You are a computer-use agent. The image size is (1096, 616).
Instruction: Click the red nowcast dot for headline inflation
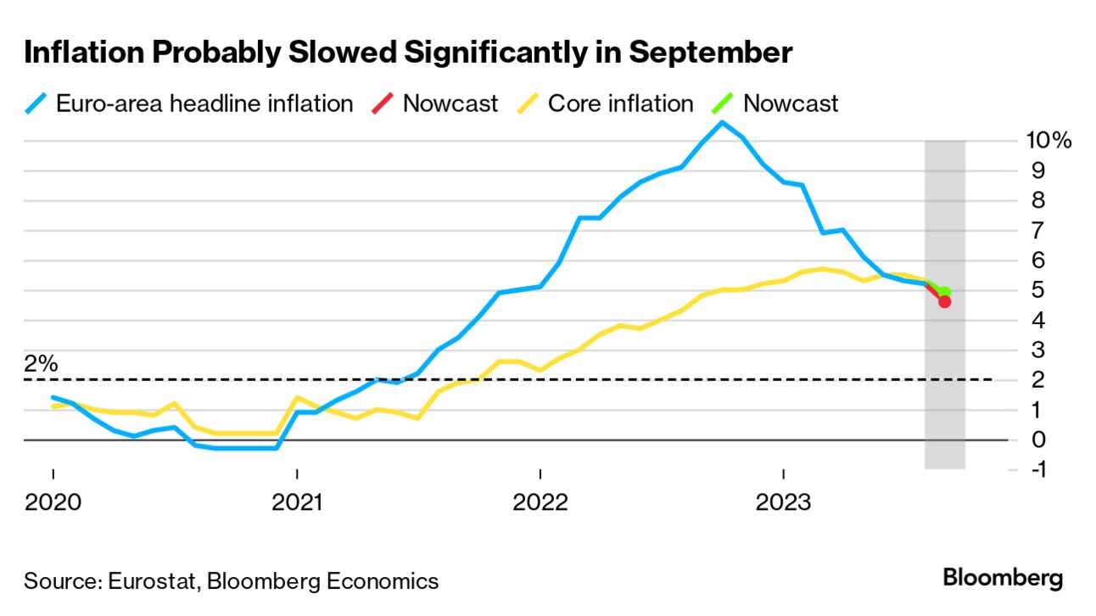(x=944, y=301)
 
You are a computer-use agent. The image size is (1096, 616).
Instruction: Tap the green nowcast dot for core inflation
(x=945, y=292)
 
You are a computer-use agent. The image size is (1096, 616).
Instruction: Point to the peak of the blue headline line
(x=722, y=122)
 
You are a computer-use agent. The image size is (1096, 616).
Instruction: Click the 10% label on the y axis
(x=1049, y=140)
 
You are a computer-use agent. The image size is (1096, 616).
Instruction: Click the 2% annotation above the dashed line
(x=41, y=364)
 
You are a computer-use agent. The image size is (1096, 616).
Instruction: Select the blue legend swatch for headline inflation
(x=35, y=104)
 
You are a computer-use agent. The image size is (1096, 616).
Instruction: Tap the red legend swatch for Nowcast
(x=383, y=104)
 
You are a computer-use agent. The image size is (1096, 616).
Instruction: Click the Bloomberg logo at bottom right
(x=1003, y=579)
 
